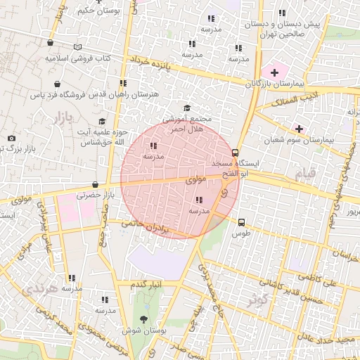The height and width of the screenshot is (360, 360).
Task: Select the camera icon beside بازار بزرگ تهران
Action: pyautogui.click(x=11, y=139)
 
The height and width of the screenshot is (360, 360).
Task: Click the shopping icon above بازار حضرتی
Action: pyautogui.click(x=95, y=185)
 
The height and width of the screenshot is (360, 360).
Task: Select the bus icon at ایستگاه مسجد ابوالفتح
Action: pyautogui.click(x=235, y=153)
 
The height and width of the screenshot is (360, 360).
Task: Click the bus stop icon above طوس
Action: pyautogui.click(x=242, y=221)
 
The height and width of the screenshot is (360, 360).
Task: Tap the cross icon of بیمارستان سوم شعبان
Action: pyautogui.click(x=300, y=129)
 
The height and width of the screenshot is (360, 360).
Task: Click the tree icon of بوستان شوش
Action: pyautogui.click(x=144, y=319)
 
